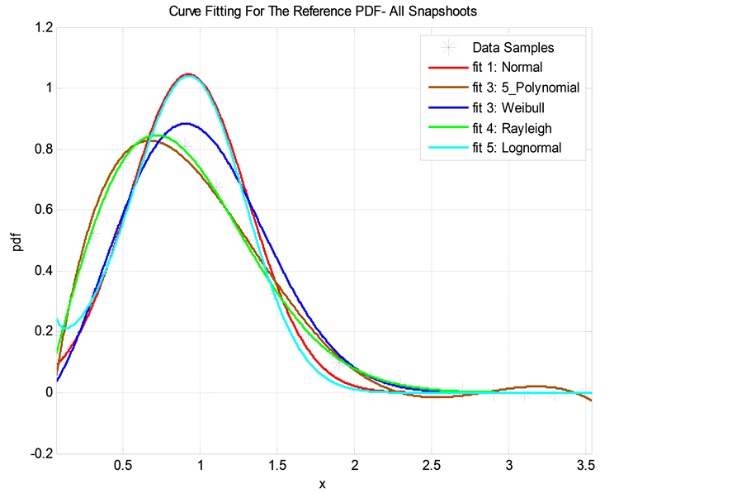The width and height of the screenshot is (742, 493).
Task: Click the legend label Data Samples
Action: tap(513, 48)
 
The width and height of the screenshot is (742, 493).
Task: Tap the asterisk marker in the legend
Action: tap(448, 48)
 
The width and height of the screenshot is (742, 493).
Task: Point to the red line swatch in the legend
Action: tap(448, 68)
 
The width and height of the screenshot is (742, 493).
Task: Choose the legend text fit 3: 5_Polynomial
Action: tap(526, 88)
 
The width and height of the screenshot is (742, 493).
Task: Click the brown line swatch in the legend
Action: tap(448, 88)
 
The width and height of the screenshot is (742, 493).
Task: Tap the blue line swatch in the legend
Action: tap(448, 108)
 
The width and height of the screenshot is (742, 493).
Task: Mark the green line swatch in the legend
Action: tap(448, 128)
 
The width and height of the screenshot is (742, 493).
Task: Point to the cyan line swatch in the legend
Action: tap(448, 149)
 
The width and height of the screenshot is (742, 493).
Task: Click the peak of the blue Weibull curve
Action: tap(187, 124)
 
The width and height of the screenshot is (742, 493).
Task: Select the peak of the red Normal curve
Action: tap(188, 73)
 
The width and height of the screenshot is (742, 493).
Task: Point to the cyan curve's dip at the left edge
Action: tap(64, 329)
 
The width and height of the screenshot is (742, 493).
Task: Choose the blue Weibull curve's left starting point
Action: tap(57, 382)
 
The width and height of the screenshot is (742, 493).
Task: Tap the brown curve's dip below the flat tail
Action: tap(437, 397)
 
